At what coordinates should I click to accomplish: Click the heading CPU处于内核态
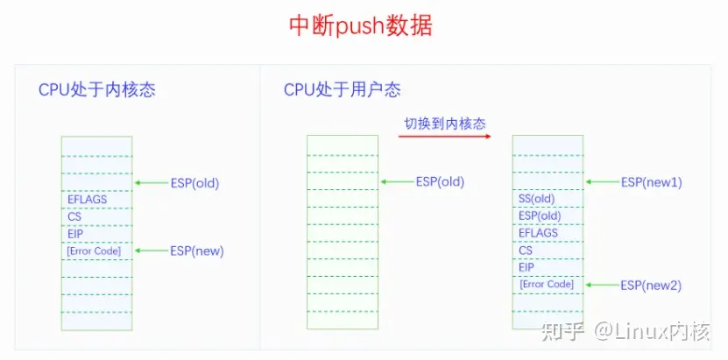pyautogui.click(x=97, y=90)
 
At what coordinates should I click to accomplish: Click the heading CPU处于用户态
pyautogui.click(x=343, y=90)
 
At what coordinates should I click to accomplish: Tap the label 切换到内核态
pyautogui.click(x=444, y=124)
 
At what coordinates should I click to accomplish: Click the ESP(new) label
pyautogui.click(x=197, y=251)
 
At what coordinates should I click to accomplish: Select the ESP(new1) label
pyautogui.click(x=651, y=182)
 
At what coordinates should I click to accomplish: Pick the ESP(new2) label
pyautogui.click(x=651, y=285)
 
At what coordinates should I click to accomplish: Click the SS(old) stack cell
pyautogui.click(x=537, y=199)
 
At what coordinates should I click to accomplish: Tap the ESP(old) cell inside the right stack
pyautogui.click(x=540, y=215)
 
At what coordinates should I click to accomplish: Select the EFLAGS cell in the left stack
pyautogui.click(x=87, y=200)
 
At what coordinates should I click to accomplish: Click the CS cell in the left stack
pyautogui.click(x=74, y=216)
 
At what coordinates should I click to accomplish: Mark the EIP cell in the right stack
pyautogui.click(x=527, y=267)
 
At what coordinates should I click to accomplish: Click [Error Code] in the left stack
pyautogui.click(x=94, y=251)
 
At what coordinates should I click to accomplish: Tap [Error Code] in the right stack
pyautogui.click(x=547, y=284)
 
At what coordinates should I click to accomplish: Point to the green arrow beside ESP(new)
pyautogui.click(x=151, y=251)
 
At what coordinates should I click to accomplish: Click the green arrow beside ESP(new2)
pyautogui.click(x=602, y=285)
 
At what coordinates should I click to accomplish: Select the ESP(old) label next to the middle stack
pyautogui.click(x=440, y=182)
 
